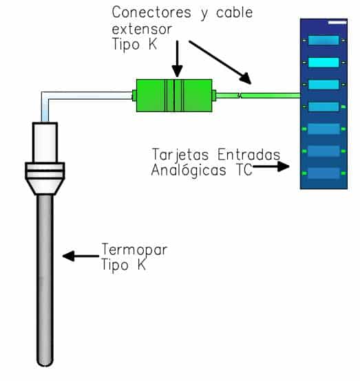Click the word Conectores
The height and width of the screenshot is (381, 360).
point(151,12)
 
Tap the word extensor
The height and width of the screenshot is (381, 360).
point(142,29)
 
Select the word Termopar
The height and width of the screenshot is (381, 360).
point(134,250)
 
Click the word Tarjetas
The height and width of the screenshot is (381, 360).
point(180,155)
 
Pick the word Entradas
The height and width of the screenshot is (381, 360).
point(249,155)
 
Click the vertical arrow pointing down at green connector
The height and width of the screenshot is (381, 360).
point(178,59)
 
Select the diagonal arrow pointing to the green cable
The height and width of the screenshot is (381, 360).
point(220,62)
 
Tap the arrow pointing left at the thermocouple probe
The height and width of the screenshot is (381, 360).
point(81,256)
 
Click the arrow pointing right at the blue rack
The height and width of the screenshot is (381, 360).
point(271,166)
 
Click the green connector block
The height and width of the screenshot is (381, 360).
point(174,96)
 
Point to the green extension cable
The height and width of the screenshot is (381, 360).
point(258,96)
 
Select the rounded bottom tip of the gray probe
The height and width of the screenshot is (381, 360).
point(45,363)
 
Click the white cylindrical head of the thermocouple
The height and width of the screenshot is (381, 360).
point(45,142)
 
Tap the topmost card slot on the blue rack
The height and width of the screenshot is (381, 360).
point(324,41)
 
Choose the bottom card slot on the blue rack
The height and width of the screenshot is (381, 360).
point(324,173)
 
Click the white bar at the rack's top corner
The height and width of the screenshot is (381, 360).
point(337,23)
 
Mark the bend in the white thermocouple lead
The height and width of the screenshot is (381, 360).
point(45,96)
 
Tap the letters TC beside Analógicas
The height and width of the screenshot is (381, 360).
point(244,170)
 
